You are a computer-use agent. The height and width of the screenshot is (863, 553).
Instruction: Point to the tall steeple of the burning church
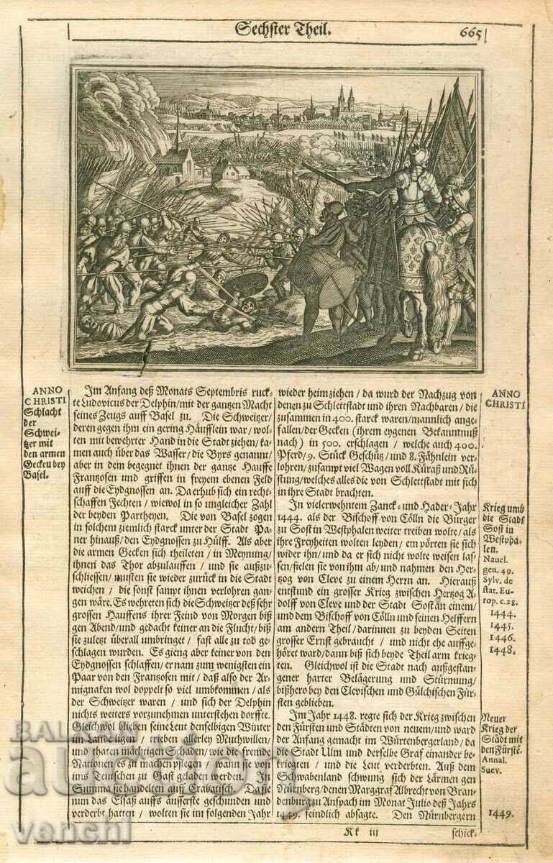pos(178,133)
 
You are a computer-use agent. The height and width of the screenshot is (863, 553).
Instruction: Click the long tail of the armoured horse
pos(433,288)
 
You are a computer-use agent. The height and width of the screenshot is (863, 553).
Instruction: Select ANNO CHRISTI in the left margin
pos(45,396)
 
